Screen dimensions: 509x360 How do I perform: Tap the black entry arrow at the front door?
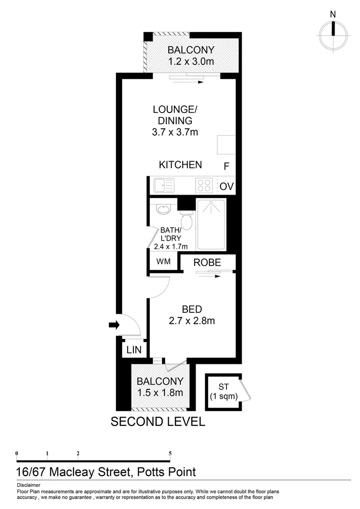pos(114,325)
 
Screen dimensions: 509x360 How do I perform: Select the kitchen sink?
pos(162,185)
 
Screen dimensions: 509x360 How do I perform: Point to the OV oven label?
pos(227,187)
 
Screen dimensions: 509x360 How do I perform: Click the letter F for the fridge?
pos(227,166)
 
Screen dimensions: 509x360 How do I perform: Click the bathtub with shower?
pos(211,224)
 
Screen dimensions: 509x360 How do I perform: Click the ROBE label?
pos(207,263)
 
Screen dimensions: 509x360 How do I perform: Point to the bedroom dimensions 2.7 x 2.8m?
pos(192,321)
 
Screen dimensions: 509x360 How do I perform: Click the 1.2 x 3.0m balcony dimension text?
pos(191,61)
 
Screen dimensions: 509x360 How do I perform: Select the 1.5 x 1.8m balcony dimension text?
pos(160,392)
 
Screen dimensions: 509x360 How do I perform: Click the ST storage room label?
pos(223,387)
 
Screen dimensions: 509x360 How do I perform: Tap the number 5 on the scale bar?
pos(170,453)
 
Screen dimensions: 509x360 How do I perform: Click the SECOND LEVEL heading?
pos(158,421)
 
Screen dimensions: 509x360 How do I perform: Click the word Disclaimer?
pos(28,485)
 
